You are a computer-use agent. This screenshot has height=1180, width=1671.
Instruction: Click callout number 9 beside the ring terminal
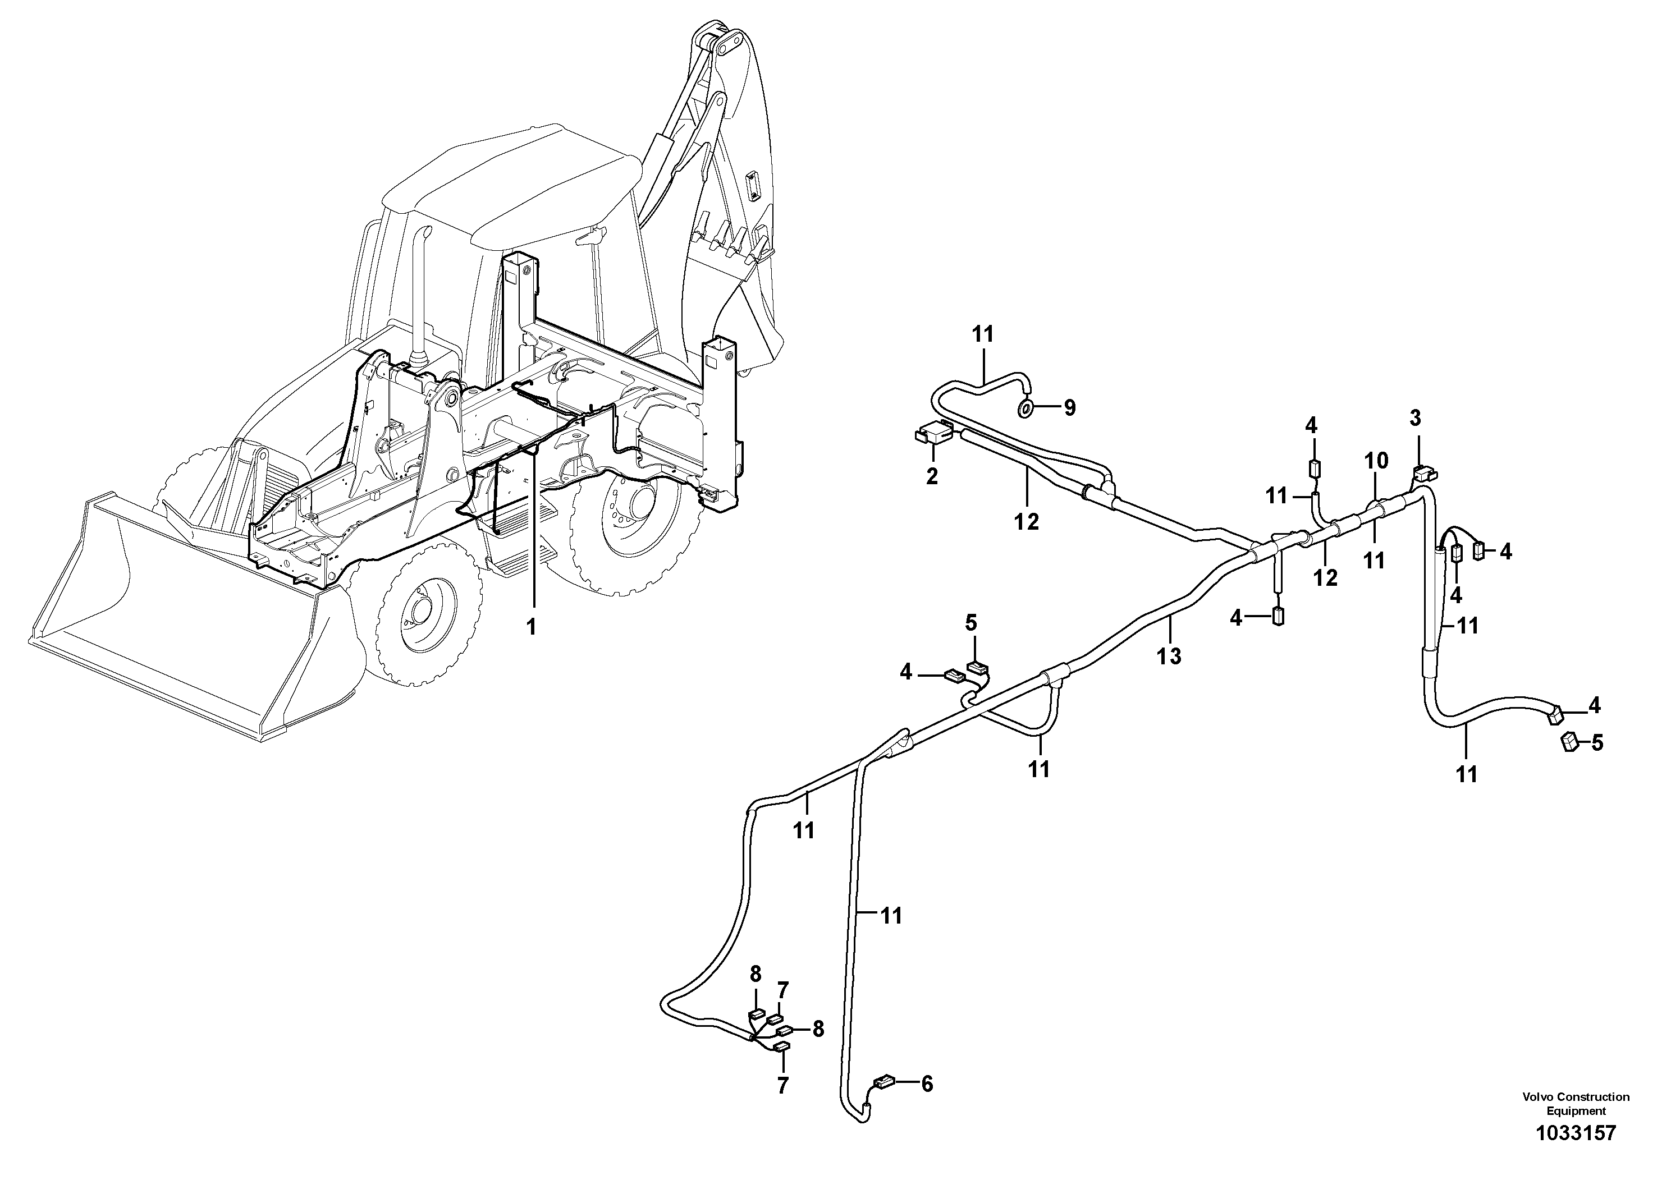[x=1069, y=408]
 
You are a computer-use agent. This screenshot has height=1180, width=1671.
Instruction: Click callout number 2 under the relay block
[x=932, y=477]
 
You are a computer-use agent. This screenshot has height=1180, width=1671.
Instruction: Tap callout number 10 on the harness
[x=1376, y=461]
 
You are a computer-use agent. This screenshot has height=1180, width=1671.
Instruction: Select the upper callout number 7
[x=782, y=990]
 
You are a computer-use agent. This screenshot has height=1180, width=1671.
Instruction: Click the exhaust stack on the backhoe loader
[x=420, y=291]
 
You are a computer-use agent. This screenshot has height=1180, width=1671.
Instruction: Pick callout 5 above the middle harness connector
[x=971, y=623]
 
